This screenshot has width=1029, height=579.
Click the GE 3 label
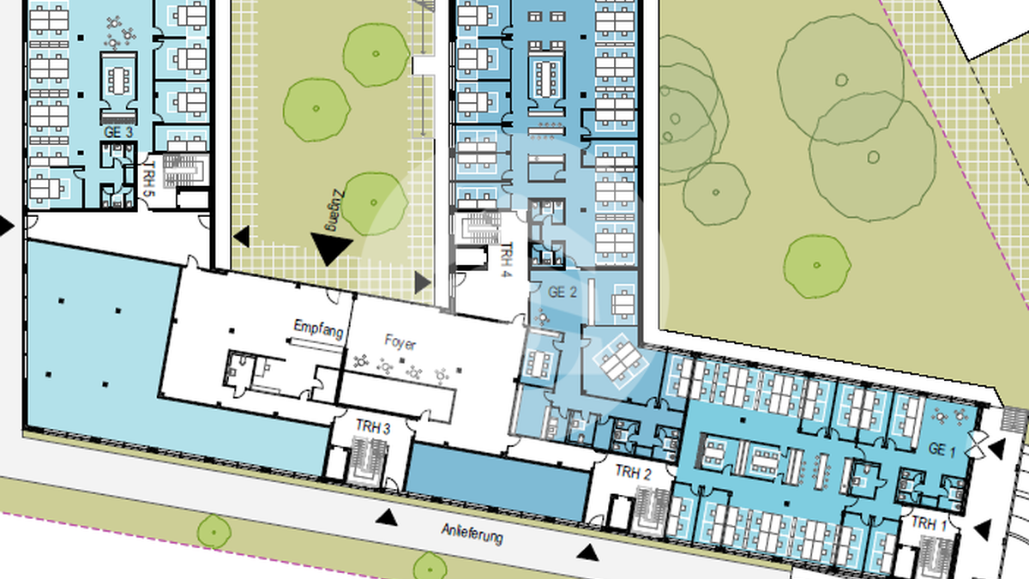tap(118, 132)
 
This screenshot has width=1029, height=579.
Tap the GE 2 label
tap(563, 292)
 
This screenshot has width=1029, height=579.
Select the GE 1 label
tap(942, 449)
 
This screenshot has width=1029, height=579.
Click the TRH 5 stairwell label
tap(149, 178)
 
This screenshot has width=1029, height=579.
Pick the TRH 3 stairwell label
tap(373, 427)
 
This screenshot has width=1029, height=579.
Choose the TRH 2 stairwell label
tap(633, 473)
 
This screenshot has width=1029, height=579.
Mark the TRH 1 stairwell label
tap(929, 523)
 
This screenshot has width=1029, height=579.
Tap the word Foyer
tap(400, 342)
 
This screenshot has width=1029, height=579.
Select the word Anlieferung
tap(472, 533)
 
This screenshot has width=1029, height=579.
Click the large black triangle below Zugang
tap(331, 246)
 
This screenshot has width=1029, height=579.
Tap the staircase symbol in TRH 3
tap(370, 460)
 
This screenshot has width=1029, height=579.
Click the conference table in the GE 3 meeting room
tap(118, 80)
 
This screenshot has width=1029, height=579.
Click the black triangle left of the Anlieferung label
tap(387, 517)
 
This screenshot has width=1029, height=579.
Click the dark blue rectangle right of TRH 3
tap(498, 480)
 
